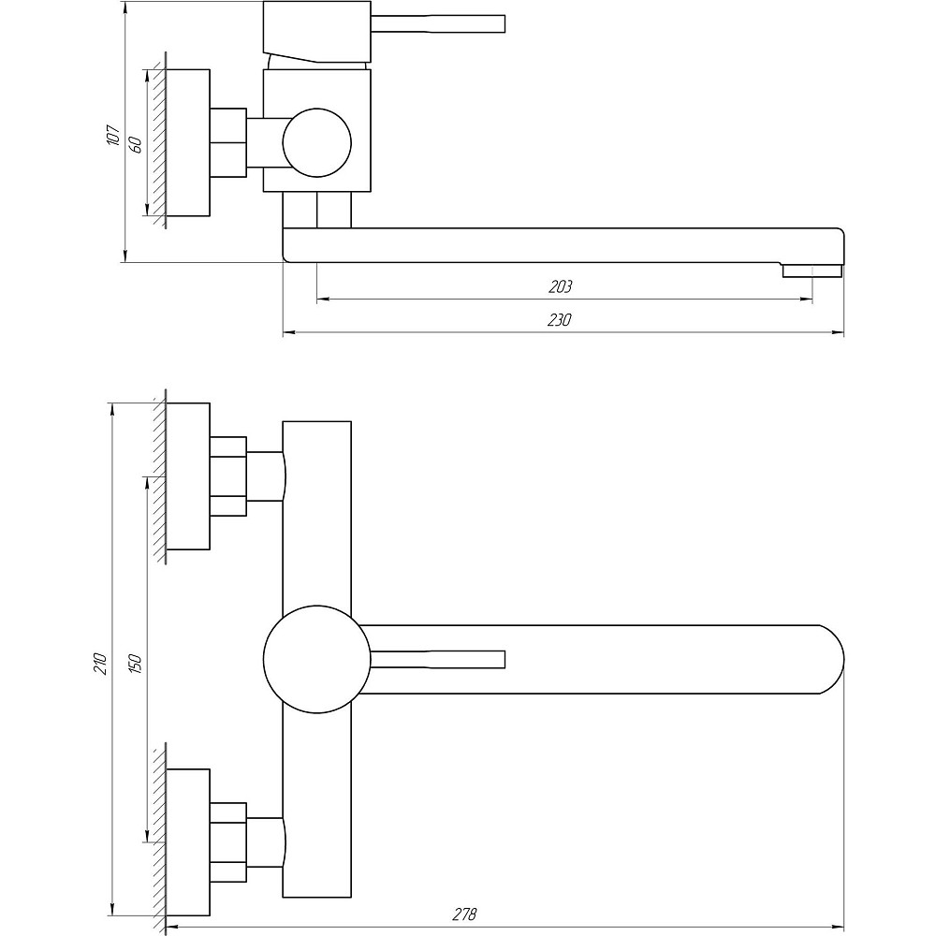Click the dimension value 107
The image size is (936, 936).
(x=113, y=136)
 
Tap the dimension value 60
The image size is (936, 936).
(x=135, y=145)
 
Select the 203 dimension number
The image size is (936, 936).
(x=560, y=286)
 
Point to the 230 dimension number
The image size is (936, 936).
(x=560, y=320)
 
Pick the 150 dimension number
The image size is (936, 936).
(x=136, y=664)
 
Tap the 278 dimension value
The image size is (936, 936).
(x=465, y=914)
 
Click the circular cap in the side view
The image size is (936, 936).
(x=317, y=142)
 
